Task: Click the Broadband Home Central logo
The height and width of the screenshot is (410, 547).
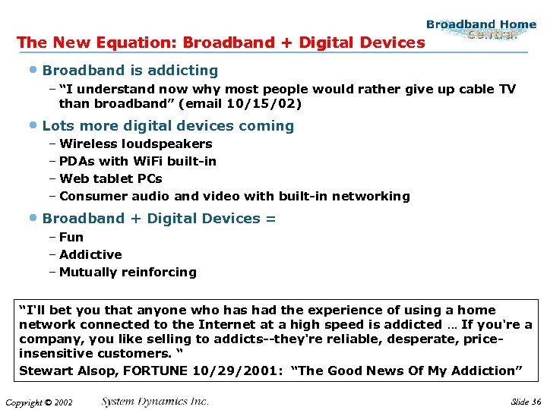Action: (x=481, y=30)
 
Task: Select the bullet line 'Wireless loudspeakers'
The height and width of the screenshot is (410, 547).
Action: (x=135, y=143)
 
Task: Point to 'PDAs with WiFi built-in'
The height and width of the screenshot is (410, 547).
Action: (x=138, y=161)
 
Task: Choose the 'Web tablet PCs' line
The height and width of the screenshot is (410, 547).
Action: (x=110, y=178)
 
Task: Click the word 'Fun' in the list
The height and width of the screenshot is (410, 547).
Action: (x=71, y=237)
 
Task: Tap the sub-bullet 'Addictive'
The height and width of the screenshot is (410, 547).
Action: (x=90, y=254)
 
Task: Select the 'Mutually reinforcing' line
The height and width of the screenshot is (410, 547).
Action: (x=128, y=272)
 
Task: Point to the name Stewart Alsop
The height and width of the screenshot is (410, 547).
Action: (x=60, y=371)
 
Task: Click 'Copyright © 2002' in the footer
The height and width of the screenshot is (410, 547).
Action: (x=38, y=402)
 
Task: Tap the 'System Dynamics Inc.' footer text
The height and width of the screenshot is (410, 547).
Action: (x=155, y=402)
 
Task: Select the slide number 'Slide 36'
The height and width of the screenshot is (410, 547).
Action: (x=526, y=402)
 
